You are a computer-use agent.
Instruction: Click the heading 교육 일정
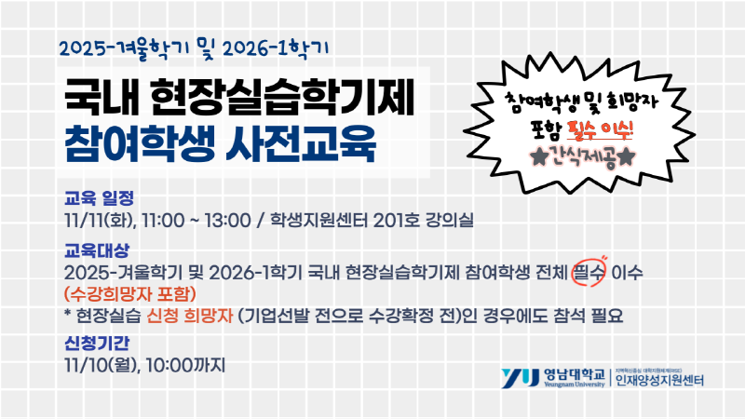pos(100,197)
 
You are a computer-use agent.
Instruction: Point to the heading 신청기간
pos(97,342)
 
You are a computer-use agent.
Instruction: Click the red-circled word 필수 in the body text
pos(589,272)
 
